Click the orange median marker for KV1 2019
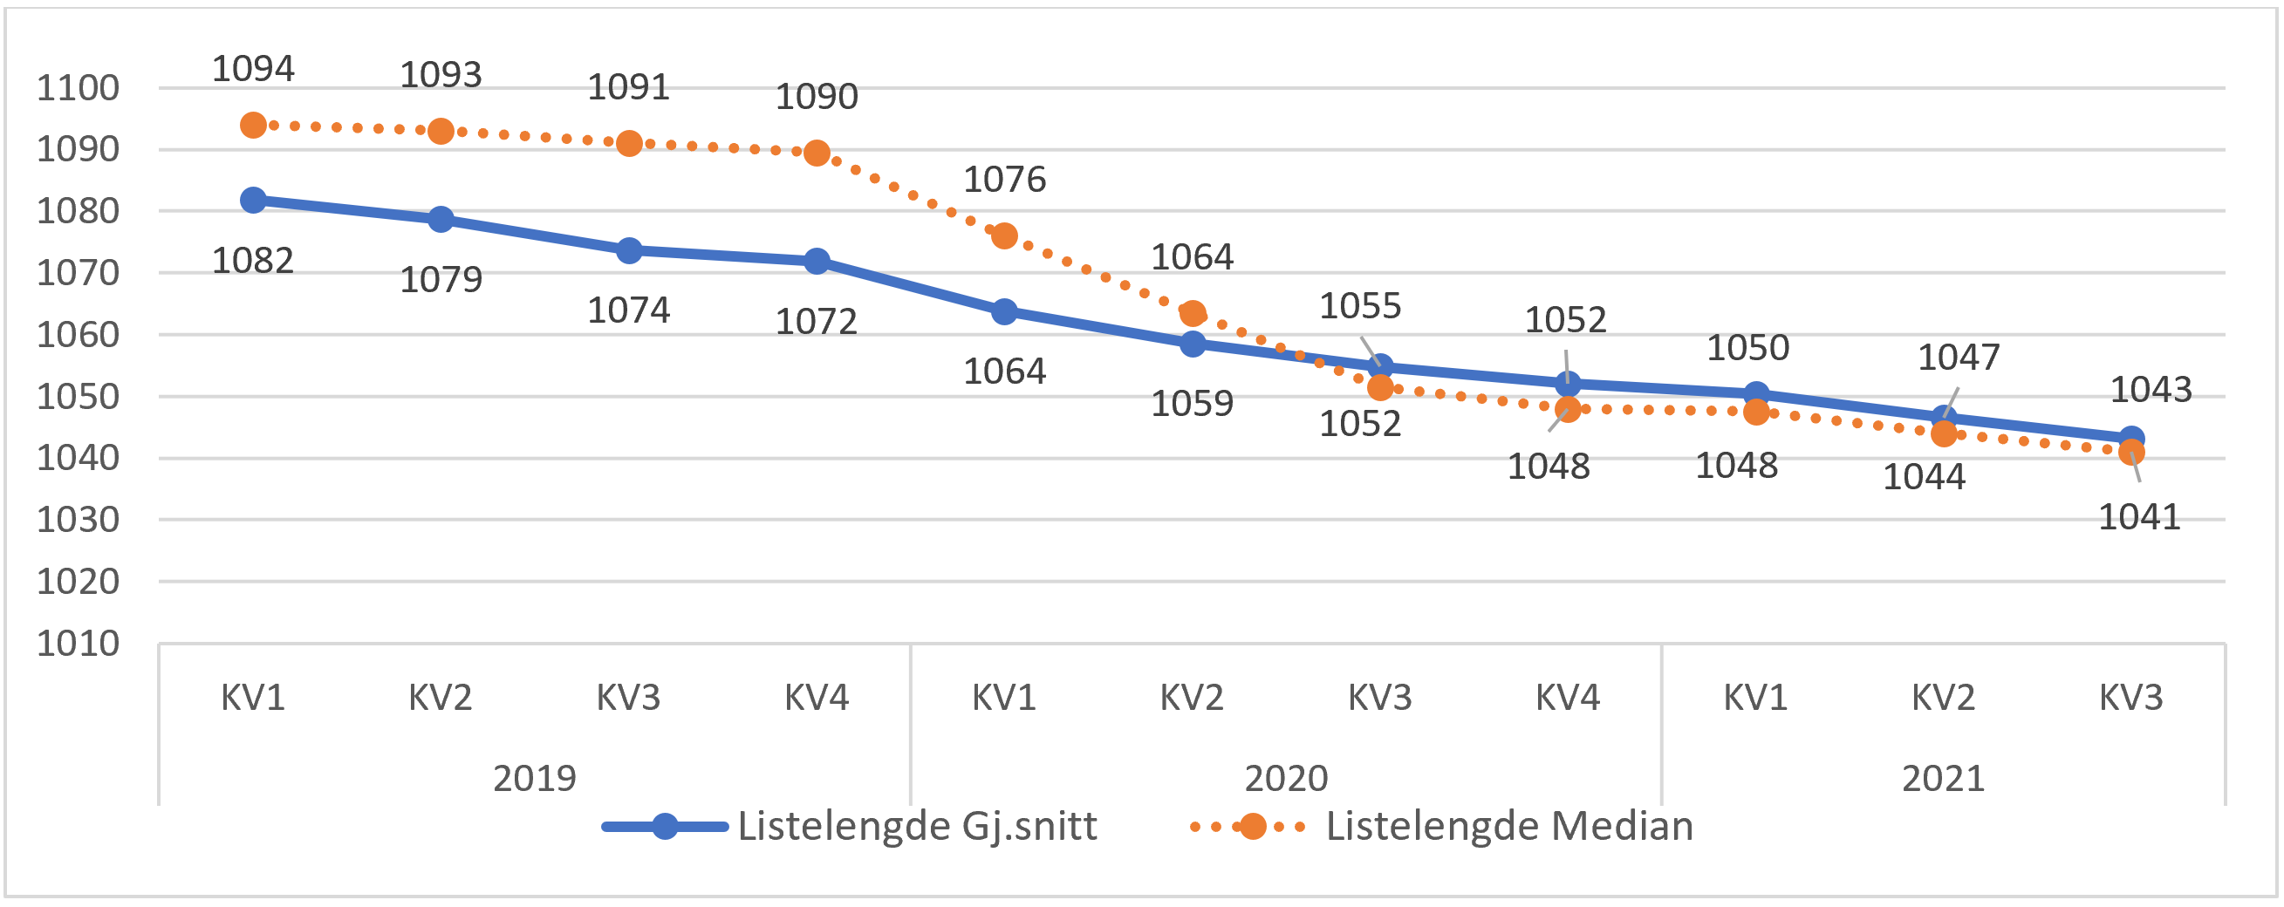(x=254, y=125)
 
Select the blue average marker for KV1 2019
(x=254, y=200)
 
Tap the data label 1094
(x=254, y=69)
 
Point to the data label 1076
(x=1004, y=180)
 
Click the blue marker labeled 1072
(x=817, y=261)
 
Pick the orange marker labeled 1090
(x=817, y=153)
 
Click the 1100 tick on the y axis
(x=78, y=89)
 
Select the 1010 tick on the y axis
(x=78, y=644)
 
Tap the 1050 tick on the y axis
(x=78, y=397)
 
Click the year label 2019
(x=535, y=779)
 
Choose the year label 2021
(x=1943, y=779)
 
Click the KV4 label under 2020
(x=1568, y=699)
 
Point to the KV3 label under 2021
(x=2130, y=699)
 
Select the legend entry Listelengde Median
(x=1508, y=826)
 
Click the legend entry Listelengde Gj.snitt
(x=917, y=826)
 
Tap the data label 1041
(x=2138, y=517)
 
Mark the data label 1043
(x=2151, y=390)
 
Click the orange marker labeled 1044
(x=1944, y=433)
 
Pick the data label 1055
(x=1360, y=307)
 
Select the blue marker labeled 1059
(x=1193, y=343)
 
